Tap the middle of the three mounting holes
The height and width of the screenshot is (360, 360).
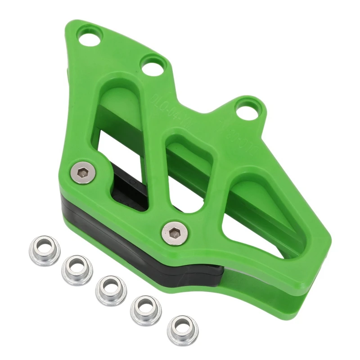[x=153, y=67]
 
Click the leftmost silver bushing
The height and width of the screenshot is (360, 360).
[x=45, y=250]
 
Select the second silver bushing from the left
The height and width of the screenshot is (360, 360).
[x=77, y=269]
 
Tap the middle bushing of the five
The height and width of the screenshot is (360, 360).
[x=111, y=289]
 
